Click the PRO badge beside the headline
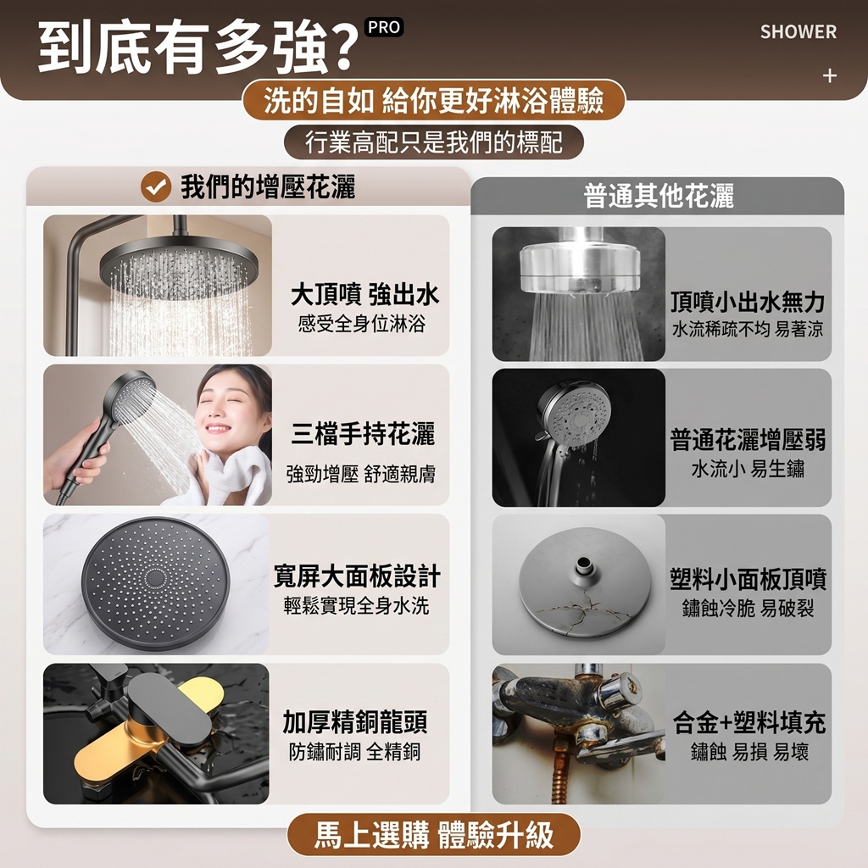pos(384,27)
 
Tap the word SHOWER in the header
pos(798,32)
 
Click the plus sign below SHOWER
pos(829,75)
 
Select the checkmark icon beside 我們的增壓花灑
pos(156,186)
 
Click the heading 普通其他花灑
pos(659,196)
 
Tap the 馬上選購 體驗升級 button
pos(433,834)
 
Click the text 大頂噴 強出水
pos(364,294)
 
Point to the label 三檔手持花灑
pos(363,433)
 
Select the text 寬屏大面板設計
pos(357,576)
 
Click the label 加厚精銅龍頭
pos(355,722)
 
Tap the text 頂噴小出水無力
pos(748,303)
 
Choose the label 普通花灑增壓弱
pos(748,440)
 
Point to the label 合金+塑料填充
pos(749,722)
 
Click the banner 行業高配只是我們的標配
pos(433,142)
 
